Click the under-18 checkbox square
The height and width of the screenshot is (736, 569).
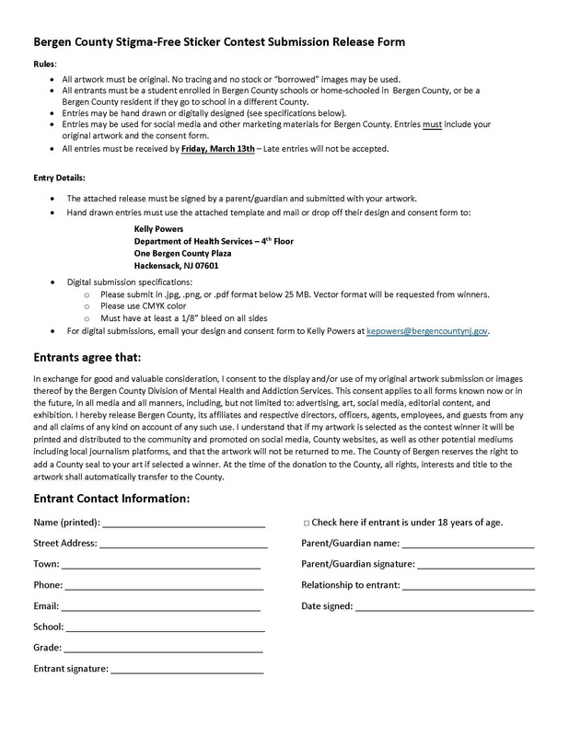click(x=306, y=523)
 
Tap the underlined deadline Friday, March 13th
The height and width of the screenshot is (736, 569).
click(x=216, y=148)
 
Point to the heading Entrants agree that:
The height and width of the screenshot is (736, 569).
click(x=87, y=356)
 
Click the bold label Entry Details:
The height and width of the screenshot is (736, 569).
click(x=60, y=177)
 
